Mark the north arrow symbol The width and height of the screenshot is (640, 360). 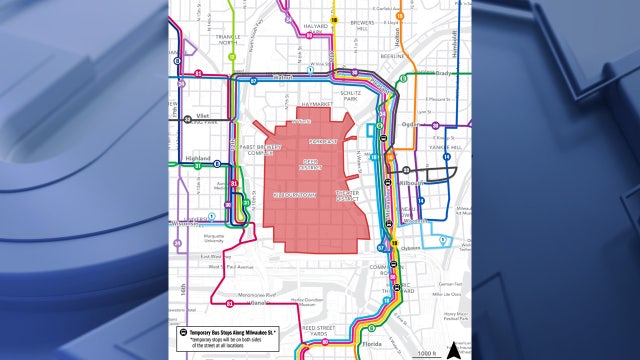coord(454,348)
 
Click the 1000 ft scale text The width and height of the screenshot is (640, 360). coord(428,353)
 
